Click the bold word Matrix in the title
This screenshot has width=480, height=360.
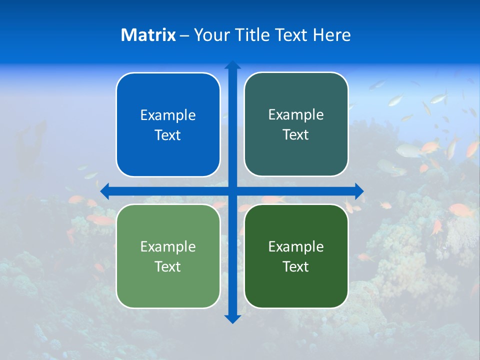[x=148, y=35]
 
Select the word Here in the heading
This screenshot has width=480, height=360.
[x=331, y=35]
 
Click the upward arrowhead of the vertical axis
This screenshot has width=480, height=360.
[x=232, y=65]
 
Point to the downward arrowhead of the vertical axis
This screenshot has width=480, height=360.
[x=232, y=318]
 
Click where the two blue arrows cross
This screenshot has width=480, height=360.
[x=232, y=191]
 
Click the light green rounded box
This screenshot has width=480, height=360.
[x=168, y=285]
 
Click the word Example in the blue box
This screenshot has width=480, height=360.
[x=168, y=115]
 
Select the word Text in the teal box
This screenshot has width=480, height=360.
[x=296, y=134]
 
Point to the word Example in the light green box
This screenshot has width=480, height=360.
[x=168, y=247]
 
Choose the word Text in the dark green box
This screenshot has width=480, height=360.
[x=296, y=266]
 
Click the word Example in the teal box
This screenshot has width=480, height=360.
[x=296, y=115]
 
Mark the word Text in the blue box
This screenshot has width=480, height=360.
[x=168, y=135]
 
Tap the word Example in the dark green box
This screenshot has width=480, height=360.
[x=296, y=247]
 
